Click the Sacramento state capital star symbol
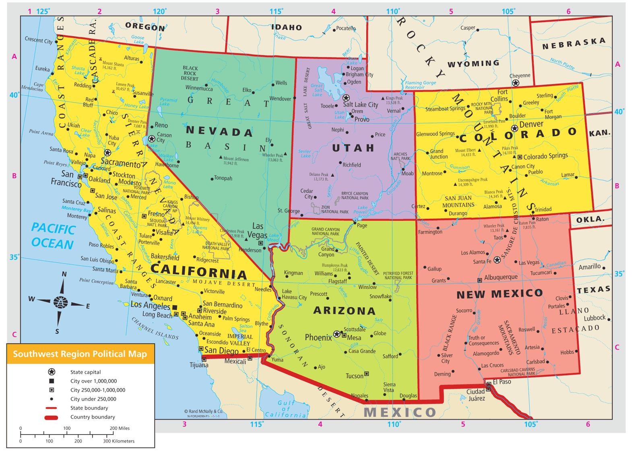tap(107, 153)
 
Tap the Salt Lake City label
tap(360, 105)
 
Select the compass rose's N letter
tap(64, 274)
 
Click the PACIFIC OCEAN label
tap(53, 236)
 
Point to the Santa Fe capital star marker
tap(497, 260)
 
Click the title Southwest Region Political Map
tap(80, 354)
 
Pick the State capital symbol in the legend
tap(52, 372)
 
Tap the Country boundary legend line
tap(52, 417)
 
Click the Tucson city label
tap(354, 376)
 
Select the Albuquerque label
tap(501, 277)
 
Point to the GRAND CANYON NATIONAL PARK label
tap(326, 232)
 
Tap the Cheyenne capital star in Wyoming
tap(515, 83)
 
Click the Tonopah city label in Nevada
tap(223, 178)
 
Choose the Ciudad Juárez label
tap(475, 395)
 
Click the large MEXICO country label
tap(400, 412)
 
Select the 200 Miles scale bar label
tap(120, 428)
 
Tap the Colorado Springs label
tap(545, 156)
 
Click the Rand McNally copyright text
tap(203, 411)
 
